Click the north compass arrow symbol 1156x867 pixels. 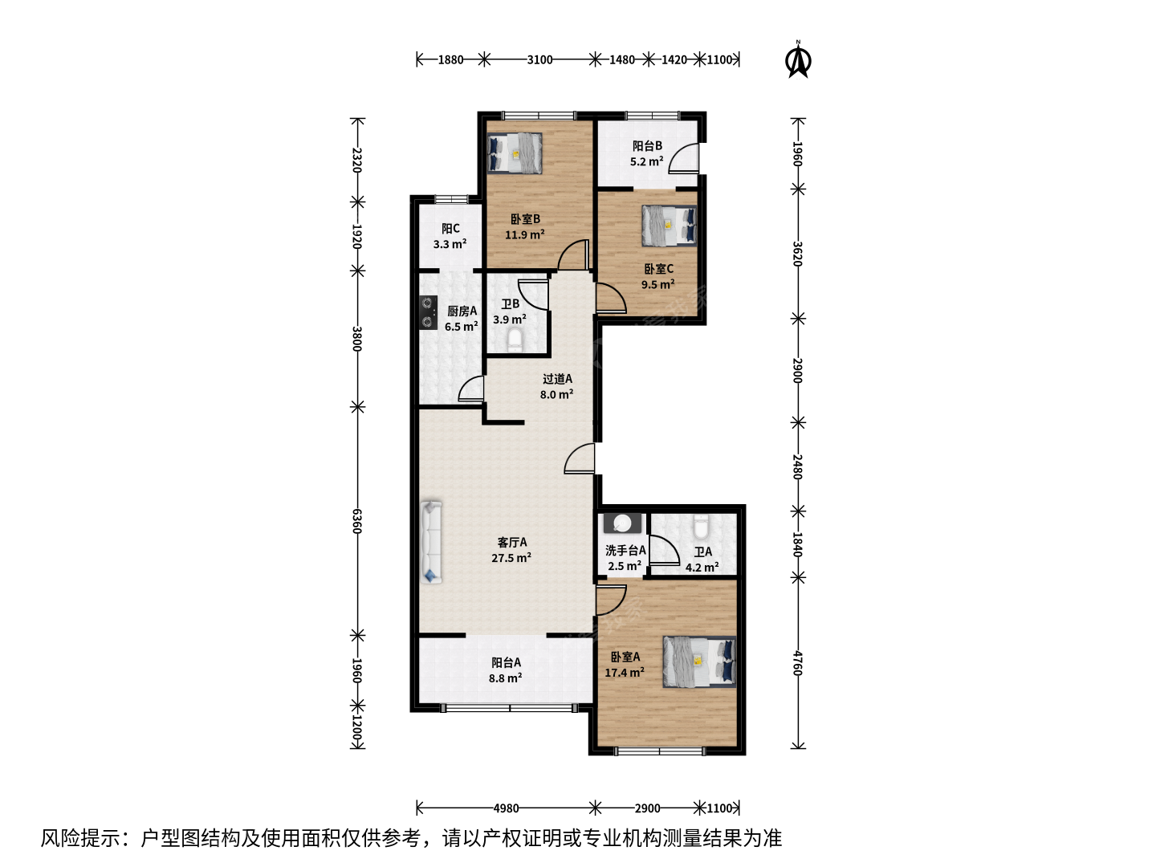point(799,59)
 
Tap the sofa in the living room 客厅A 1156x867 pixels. point(431,542)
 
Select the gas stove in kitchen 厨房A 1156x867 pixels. point(428,312)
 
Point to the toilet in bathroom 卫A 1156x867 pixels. point(701,526)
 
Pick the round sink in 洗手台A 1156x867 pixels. point(622,523)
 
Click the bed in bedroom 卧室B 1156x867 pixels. point(515,153)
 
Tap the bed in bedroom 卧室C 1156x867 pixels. point(669,225)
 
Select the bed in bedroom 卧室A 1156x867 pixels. point(699,661)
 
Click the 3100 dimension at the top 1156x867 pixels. point(539,59)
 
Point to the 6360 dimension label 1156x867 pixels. point(357,521)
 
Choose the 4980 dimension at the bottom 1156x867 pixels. point(506,808)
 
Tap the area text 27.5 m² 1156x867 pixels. point(511,557)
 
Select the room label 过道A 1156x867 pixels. point(557,378)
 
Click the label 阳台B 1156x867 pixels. point(647,146)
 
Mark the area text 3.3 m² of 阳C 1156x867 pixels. point(450,244)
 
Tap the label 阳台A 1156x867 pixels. point(506,662)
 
